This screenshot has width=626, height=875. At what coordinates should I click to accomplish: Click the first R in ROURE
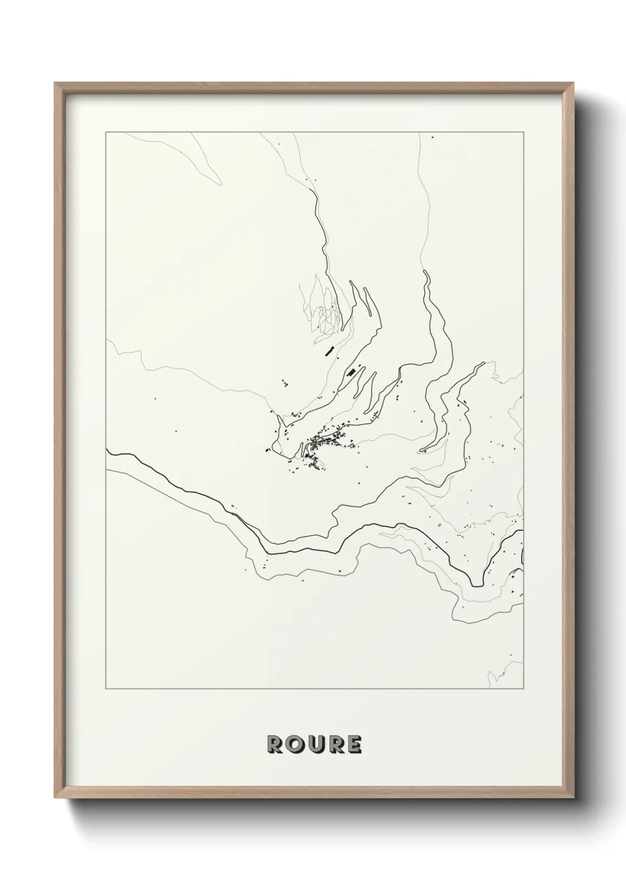tap(276, 745)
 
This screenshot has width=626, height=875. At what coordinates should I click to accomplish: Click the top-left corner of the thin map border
tap(105, 133)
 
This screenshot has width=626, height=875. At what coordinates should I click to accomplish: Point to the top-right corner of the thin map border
tap(524, 133)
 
